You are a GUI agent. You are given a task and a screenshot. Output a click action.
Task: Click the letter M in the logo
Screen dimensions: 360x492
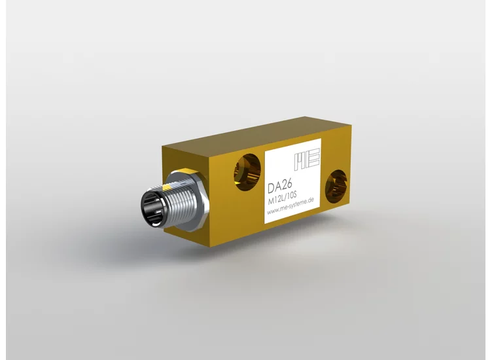click(300, 160)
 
